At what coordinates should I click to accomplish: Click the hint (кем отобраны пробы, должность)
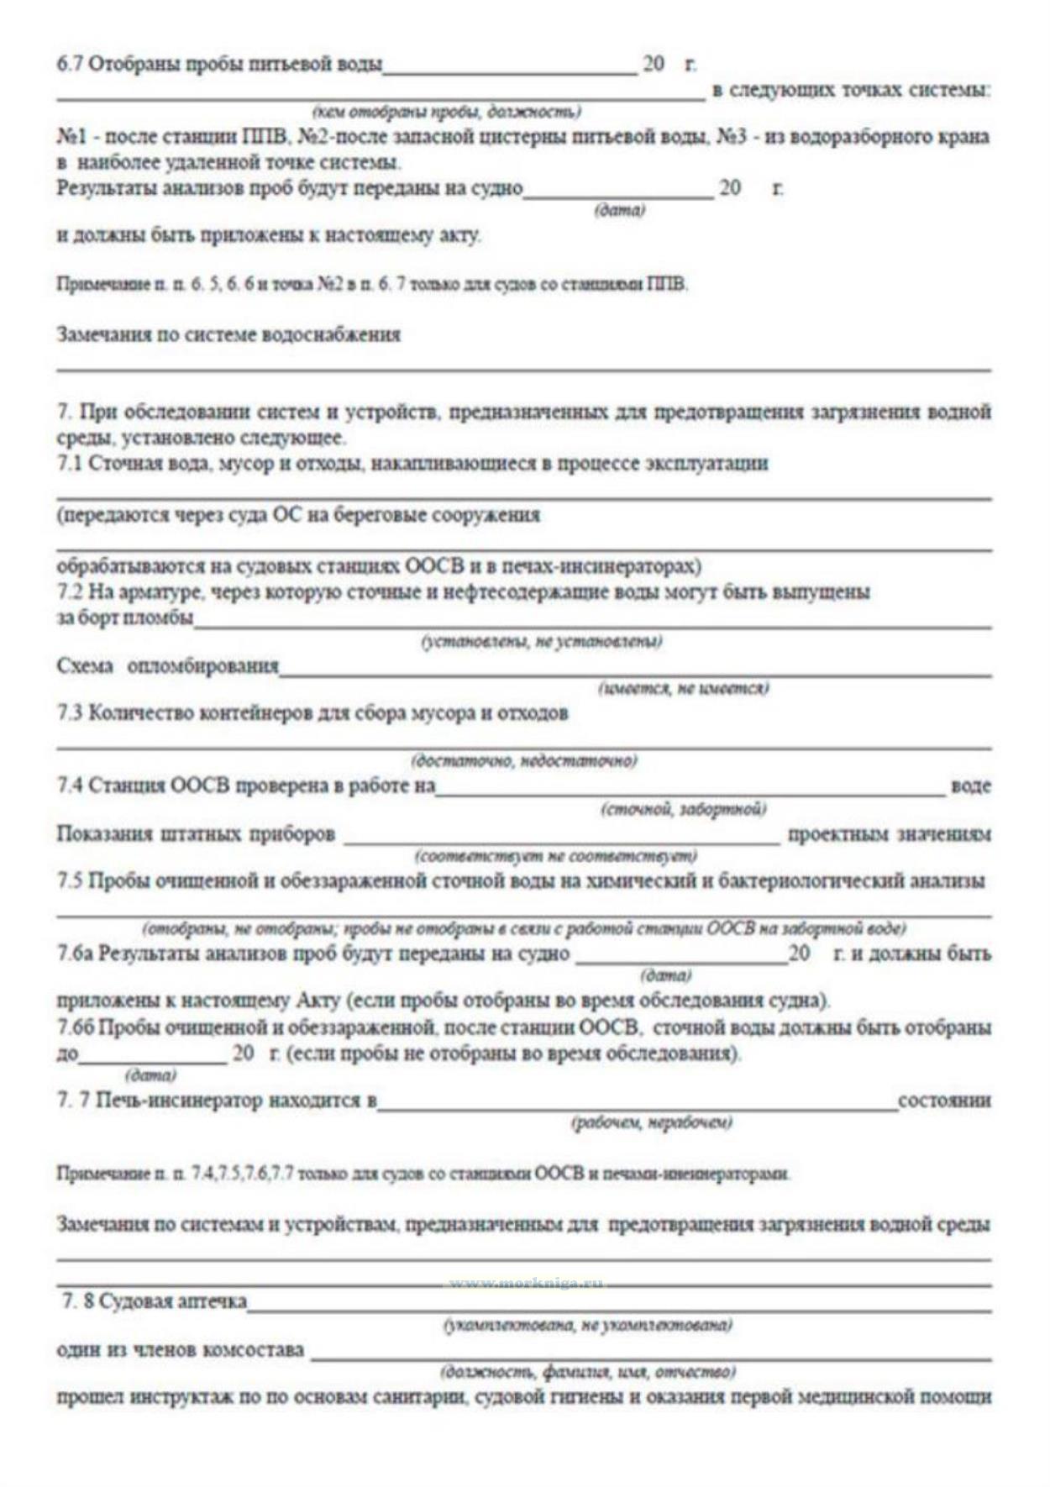click(446, 112)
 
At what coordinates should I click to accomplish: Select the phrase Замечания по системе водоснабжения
click(228, 334)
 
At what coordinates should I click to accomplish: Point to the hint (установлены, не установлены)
click(541, 642)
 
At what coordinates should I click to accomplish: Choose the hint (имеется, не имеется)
click(683, 689)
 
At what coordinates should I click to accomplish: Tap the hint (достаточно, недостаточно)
click(523, 761)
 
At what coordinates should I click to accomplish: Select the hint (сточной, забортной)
click(683, 809)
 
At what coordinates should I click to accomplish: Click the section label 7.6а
click(74, 954)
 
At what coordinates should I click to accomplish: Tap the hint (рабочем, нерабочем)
click(651, 1122)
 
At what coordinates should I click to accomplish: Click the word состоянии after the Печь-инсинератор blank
click(944, 1101)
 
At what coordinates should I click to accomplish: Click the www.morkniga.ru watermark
click(526, 1283)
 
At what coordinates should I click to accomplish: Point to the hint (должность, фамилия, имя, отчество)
click(588, 1372)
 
